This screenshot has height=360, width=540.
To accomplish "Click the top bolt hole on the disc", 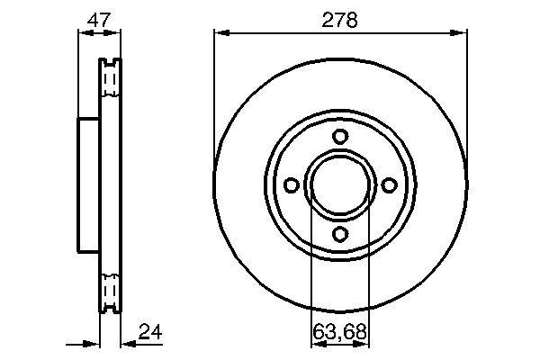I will pyautogui.click(x=340, y=137).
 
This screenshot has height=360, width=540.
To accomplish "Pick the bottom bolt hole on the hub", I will pyautogui.click(x=340, y=233).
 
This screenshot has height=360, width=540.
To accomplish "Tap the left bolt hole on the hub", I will pyautogui.click(x=292, y=184).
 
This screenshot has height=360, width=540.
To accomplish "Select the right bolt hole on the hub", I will pyautogui.click(x=389, y=184).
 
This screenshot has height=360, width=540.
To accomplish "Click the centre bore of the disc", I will pyautogui.click(x=340, y=184).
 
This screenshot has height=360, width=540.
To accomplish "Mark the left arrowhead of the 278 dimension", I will pyautogui.click(x=220, y=33).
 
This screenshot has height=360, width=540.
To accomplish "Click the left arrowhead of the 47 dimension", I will pyautogui.click(x=84, y=33).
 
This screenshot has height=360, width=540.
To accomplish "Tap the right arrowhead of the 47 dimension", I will pyautogui.click(x=115, y=33).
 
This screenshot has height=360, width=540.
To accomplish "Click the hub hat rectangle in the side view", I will pyautogui.click(x=88, y=184).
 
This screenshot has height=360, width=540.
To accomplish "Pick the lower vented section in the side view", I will pyautogui.click(x=109, y=290).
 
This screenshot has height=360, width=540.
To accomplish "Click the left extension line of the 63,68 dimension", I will pyautogui.click(x=310, y=270).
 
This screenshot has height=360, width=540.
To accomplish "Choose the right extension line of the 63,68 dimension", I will pyautogui.click(x=370, y=270).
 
